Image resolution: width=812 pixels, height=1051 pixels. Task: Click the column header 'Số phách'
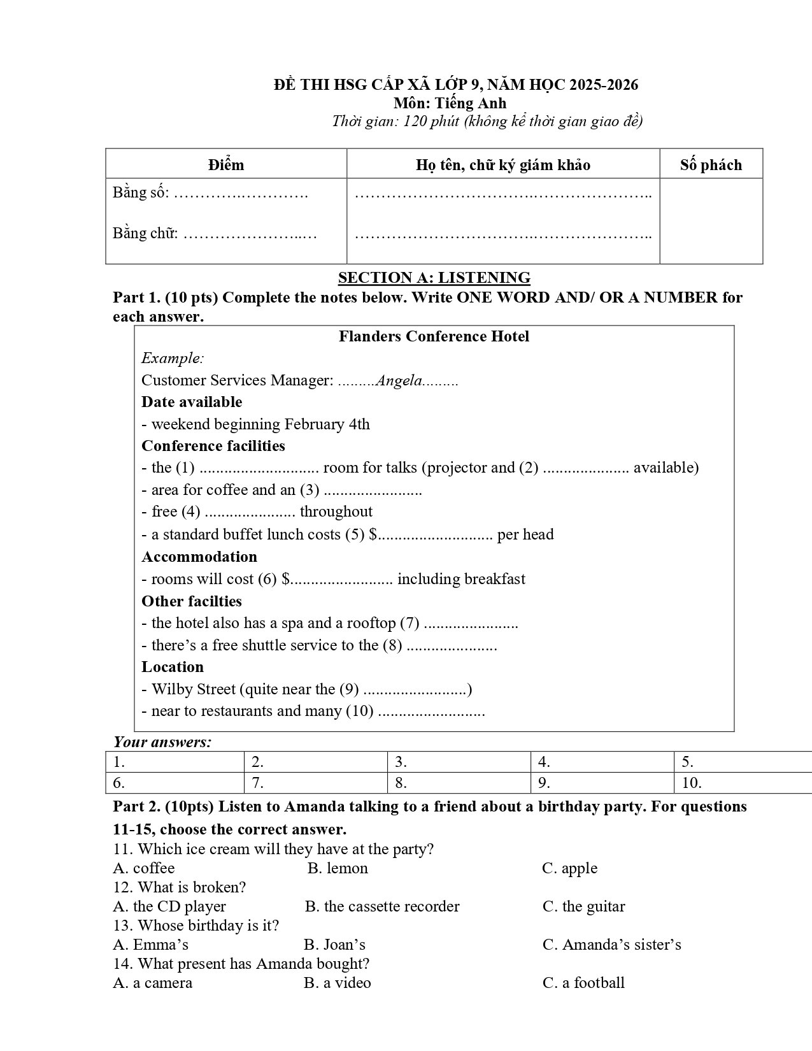[x=711, y=165]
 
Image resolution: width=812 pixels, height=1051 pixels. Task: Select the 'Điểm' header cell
[x=226, y=165]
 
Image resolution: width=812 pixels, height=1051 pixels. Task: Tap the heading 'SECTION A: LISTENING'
[x=434, y=278]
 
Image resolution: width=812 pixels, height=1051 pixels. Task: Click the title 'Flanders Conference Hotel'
[x=434, y=336]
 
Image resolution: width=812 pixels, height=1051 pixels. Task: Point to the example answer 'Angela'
[x=399, y=381]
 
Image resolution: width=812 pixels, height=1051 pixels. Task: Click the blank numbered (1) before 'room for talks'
[x=259, y=469]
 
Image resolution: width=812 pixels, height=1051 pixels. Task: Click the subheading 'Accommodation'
[x=199, y=557]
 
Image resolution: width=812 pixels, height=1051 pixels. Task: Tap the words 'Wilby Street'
[x=194, y=689]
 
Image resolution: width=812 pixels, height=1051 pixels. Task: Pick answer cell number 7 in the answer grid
[x=315, y=783]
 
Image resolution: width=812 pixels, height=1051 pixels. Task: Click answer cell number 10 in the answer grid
[x=742, y=783]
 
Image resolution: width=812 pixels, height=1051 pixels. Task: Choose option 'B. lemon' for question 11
[x=338, y=868]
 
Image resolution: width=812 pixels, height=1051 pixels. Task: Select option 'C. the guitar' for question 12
[x=583, y=906]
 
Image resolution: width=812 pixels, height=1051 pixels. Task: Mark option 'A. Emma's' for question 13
[x=150, y=945]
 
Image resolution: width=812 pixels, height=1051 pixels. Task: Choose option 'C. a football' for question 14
[x=583, y=983]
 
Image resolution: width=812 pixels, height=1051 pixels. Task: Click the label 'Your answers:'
[x=162, y=742]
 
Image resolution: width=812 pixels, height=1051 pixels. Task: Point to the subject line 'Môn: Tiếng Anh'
[x=450, y=103]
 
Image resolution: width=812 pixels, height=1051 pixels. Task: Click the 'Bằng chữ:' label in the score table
[x=145, y=233]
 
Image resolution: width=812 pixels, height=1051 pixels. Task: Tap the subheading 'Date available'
[x=192, y=402]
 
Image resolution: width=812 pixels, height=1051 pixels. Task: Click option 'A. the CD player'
[x=169, y=906]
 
